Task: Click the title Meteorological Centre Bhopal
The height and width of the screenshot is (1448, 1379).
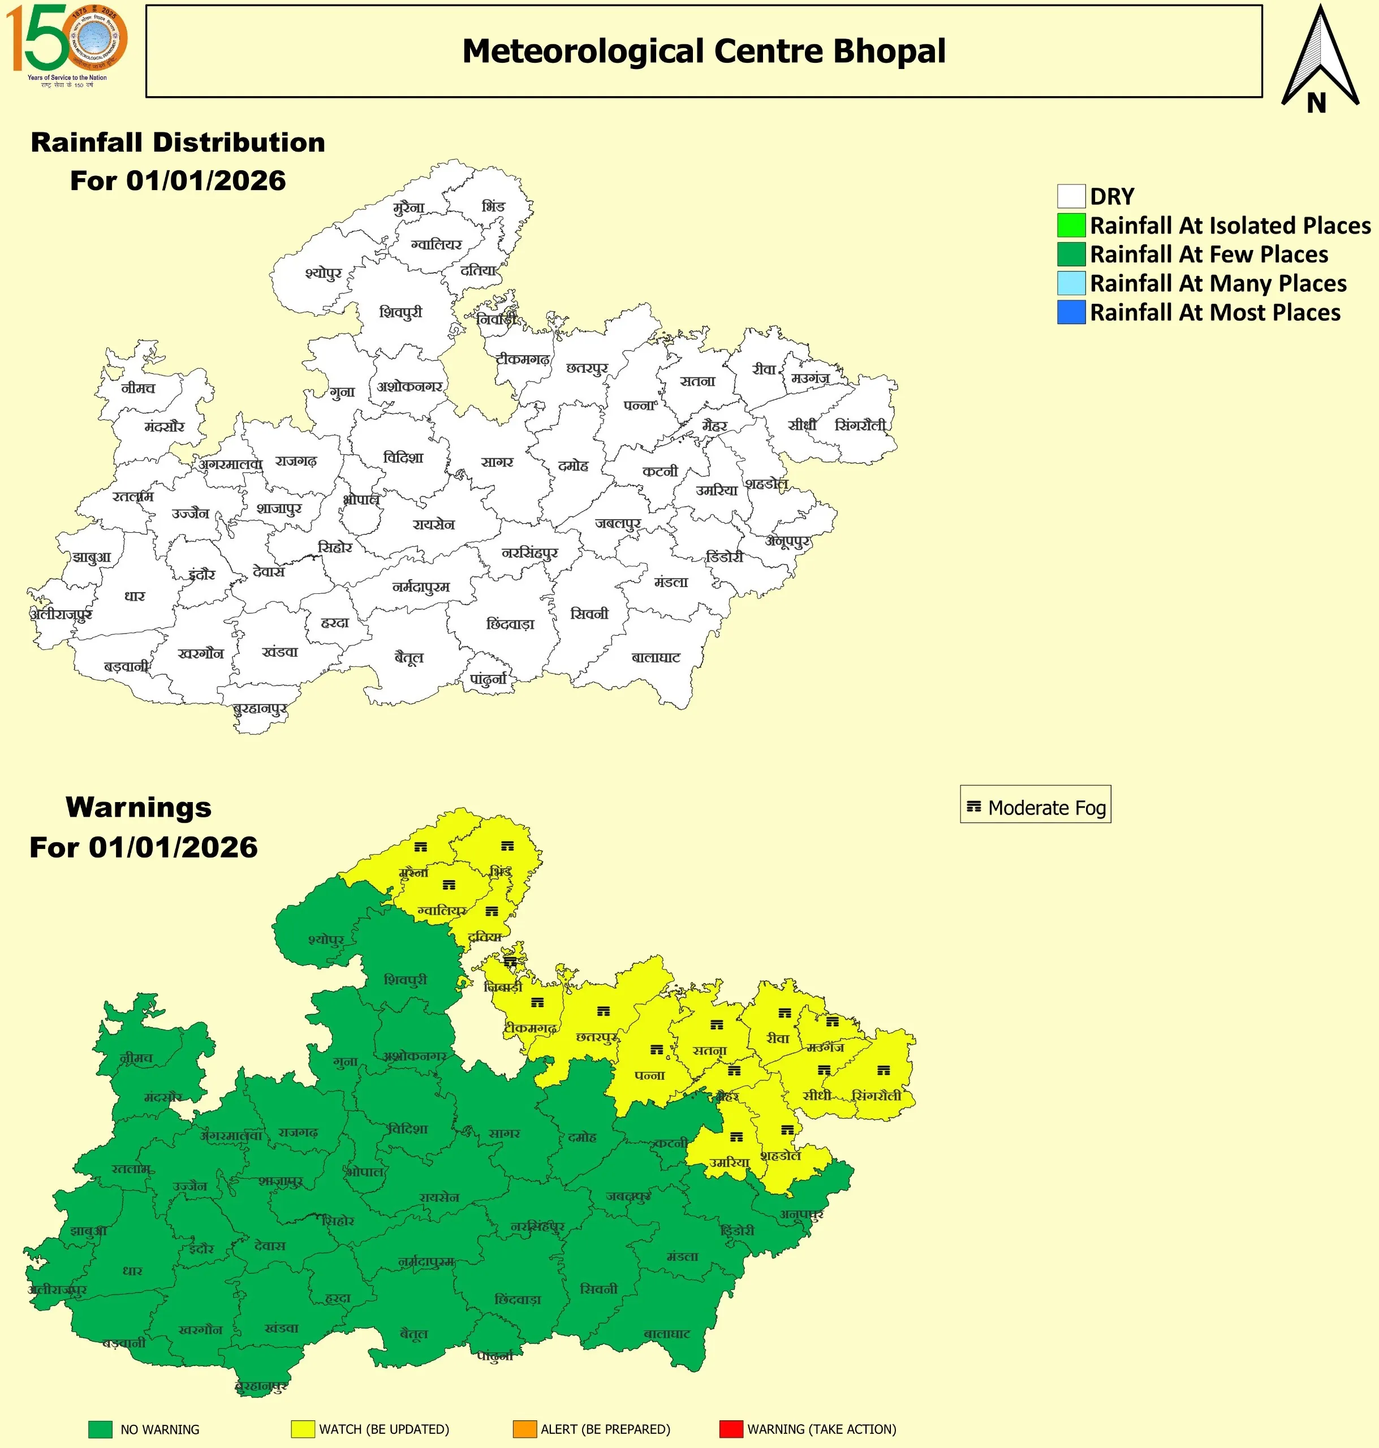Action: pos(704,51)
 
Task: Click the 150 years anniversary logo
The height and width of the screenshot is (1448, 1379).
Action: pos(66,44)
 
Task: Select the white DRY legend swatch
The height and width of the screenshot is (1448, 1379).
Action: pos(1071,196)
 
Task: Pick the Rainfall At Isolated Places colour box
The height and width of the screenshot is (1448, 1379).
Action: pos(1071,225)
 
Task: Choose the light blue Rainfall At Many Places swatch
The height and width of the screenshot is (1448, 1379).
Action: pos(1071,283)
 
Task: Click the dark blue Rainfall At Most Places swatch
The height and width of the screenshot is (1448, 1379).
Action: pos(1071,312)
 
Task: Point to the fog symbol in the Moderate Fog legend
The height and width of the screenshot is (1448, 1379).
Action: pos(974,807)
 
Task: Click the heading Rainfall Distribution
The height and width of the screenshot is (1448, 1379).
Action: pos(178,143)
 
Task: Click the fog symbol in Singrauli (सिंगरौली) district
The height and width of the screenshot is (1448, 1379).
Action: pos(884,1070)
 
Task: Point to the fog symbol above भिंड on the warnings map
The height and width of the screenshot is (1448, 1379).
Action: pos(507,846)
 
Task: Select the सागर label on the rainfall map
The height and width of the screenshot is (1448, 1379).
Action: pos(497,462)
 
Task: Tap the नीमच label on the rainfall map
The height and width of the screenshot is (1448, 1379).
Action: pos(138,388)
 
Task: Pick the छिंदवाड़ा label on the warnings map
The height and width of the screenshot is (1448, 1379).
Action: pos(518,1300)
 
